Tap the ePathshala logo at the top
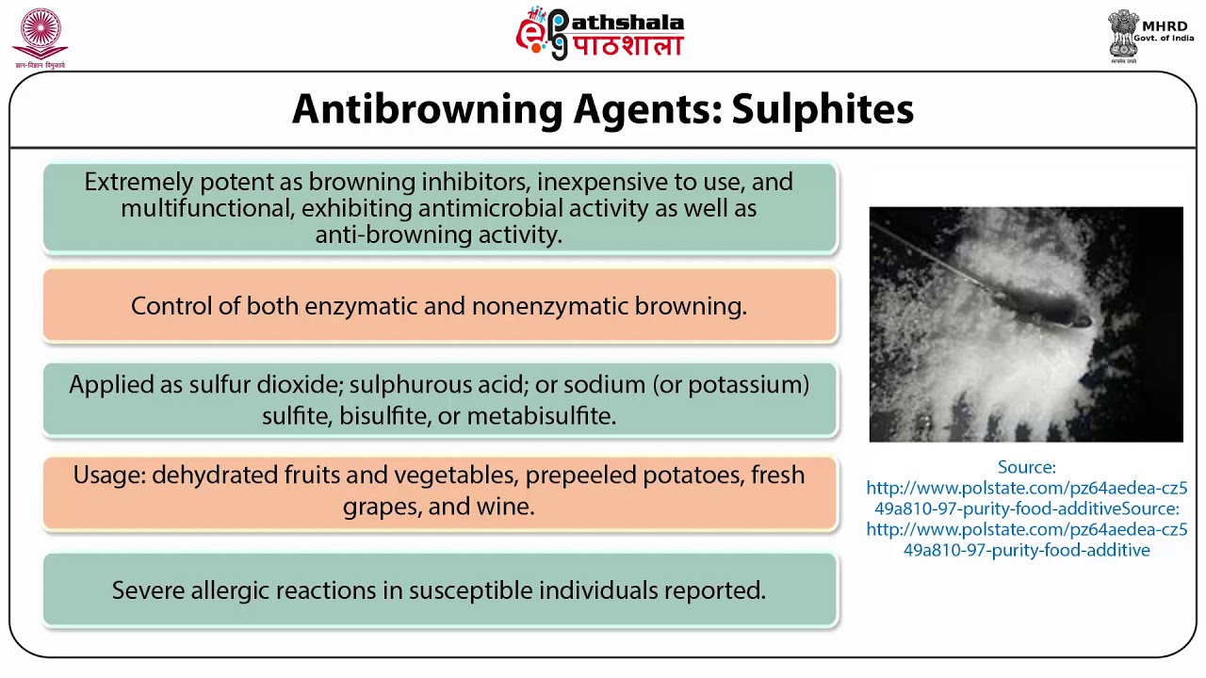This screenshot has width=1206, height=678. click(x=600, y=34)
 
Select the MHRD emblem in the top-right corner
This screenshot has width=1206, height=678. click(x=1122, y=36)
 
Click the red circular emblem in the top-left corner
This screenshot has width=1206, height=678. click(x=40, y=34)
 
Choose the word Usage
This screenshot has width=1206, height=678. click(x=109, y=476)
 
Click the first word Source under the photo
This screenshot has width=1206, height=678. click(x=1025, y=467)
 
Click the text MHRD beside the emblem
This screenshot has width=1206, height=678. click(x=1165, y=25)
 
